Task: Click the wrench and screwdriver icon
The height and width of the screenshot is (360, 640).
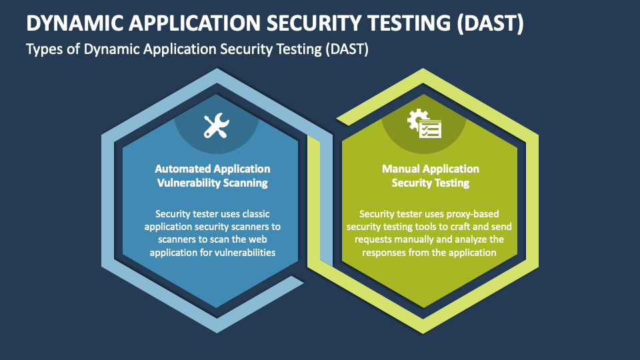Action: pos(216,125)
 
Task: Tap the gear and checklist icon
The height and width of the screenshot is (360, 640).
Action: pos(424,123)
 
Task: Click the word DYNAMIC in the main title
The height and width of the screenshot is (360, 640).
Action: pos(75,23)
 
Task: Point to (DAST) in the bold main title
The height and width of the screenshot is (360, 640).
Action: pos(490,23)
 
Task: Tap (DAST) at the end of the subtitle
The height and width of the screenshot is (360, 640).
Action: pos(347,49)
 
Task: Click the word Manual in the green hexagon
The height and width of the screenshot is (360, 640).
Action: pos(401,169)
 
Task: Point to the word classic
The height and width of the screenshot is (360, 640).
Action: pos(256,214)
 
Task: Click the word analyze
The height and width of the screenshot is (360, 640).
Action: pos(471,239)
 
